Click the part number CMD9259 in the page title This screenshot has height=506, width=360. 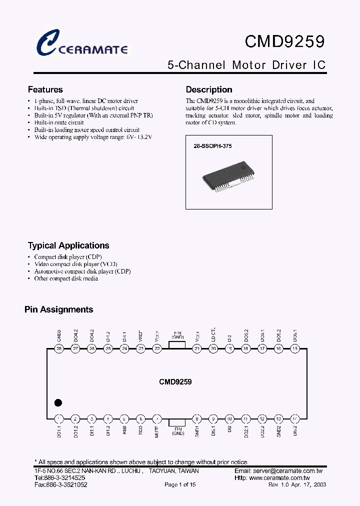point(284,42)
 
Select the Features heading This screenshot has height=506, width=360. point(45,90)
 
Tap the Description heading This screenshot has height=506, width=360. point(209,90)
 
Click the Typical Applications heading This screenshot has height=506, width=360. point(68,245)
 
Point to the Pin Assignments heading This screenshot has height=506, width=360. point(59,309)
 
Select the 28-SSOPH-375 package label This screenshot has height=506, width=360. point(213,146)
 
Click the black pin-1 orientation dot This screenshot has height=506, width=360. point(58,402)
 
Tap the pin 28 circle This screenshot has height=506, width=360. point(59,349)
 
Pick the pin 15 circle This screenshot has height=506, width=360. point(295,349)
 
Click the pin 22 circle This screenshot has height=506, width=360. point(157,349)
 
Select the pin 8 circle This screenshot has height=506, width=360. point(197,419)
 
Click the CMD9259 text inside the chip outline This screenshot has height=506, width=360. point(175,381)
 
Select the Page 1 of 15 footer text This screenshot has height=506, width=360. point(180,485)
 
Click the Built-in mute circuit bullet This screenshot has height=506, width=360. point(58,122)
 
